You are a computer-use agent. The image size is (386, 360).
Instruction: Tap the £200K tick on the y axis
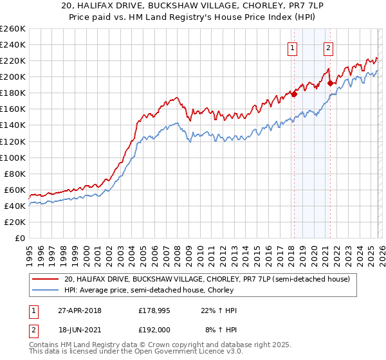click(x=13, y=76)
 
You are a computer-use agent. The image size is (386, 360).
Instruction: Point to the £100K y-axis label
click(x=13, y=157)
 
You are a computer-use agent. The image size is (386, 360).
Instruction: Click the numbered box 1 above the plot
click(x=293, y=47)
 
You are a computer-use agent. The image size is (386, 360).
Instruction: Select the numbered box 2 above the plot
click(x=328, y=47)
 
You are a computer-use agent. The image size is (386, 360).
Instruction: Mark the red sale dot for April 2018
click(x=294, y=94)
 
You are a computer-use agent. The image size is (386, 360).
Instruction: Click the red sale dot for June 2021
click(x=330, y=83)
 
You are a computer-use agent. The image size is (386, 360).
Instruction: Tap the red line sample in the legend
click(x=45, y=279)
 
